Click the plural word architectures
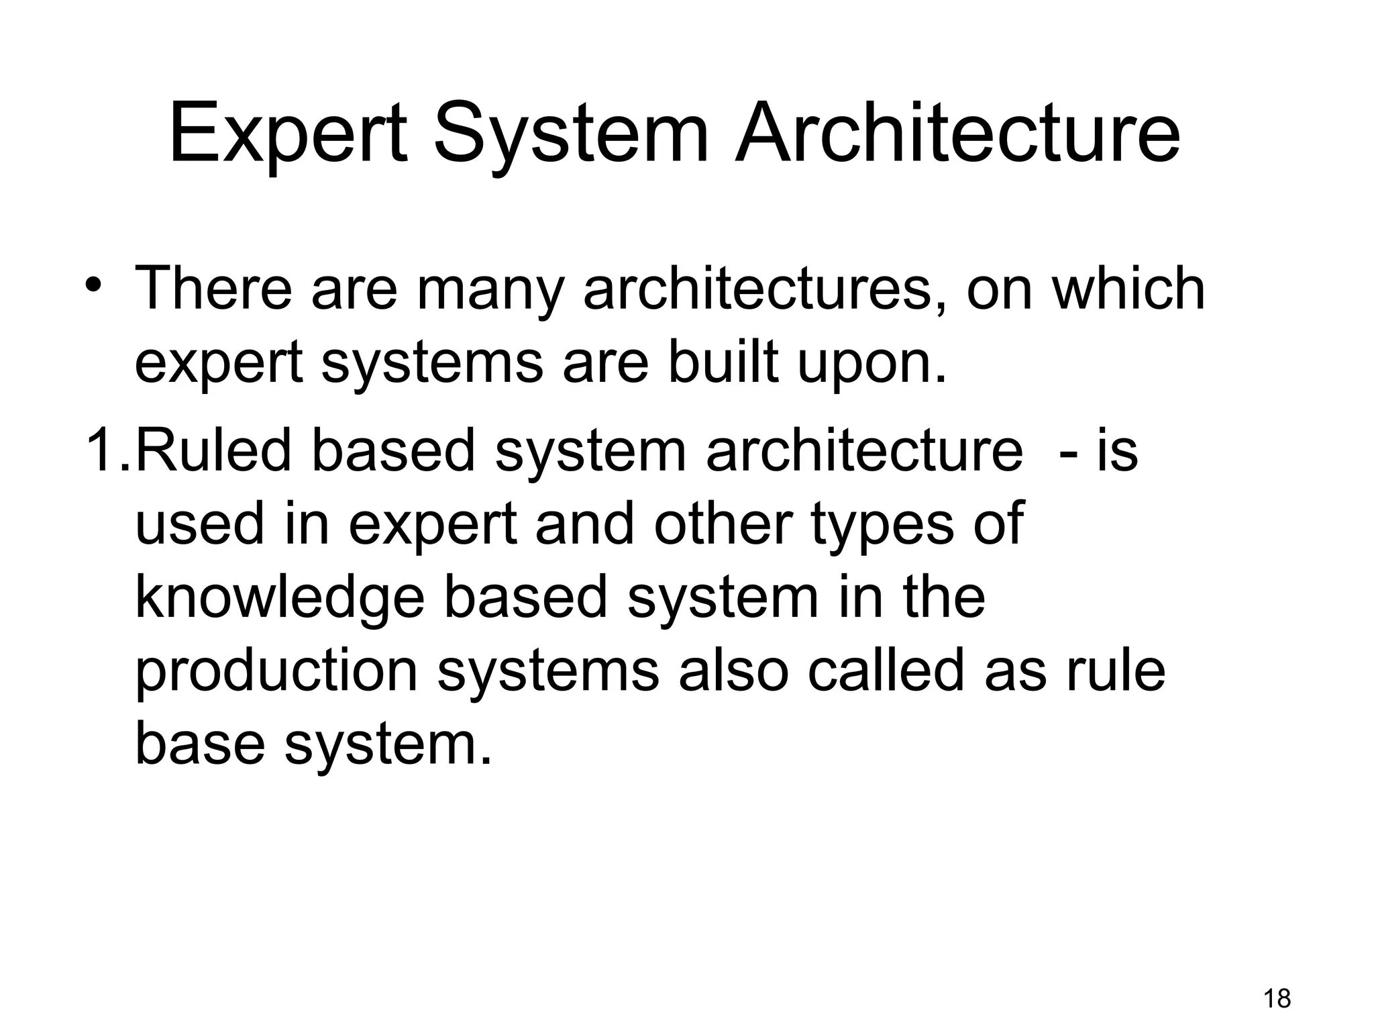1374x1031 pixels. (764, 289)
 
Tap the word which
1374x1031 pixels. (1128, 289)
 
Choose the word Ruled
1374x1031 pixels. (215, 450)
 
